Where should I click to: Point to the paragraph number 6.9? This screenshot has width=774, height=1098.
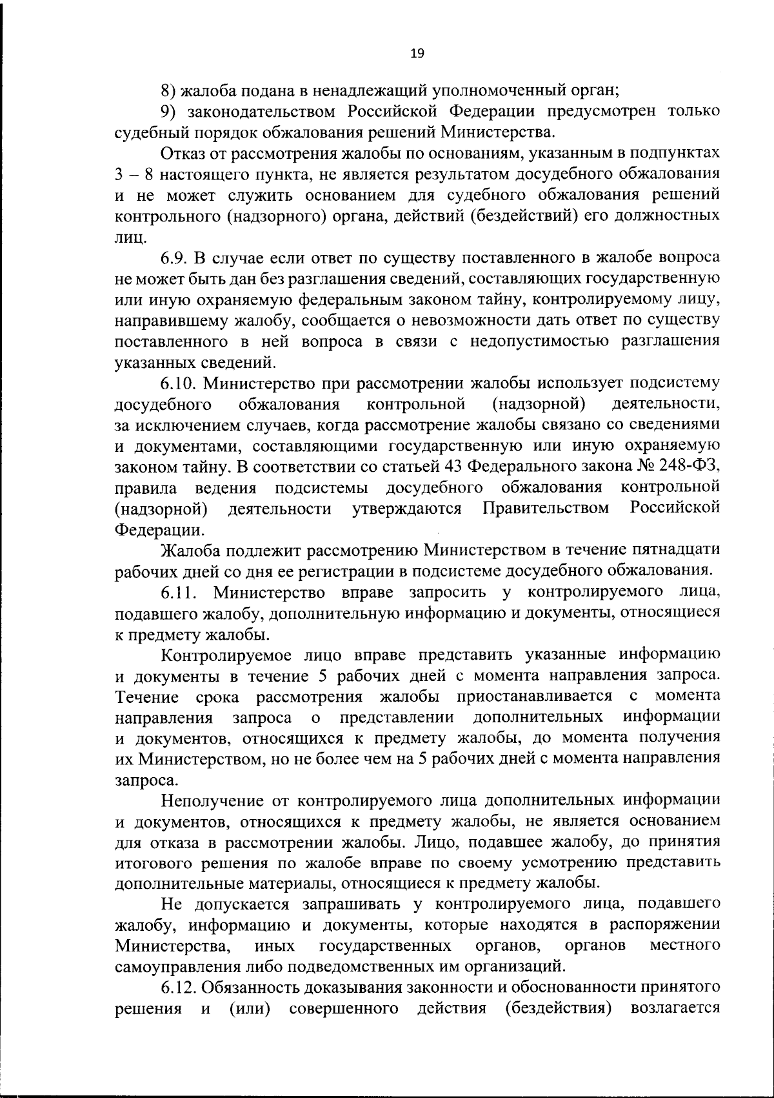point(173,258)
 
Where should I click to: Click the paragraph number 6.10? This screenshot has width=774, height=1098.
point(178,383)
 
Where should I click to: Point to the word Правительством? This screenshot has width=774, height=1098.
point(546,509)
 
